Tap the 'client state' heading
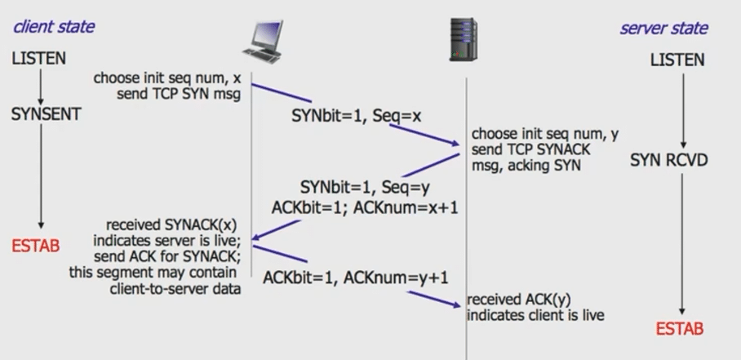pyautogui.click(x=54, y=26)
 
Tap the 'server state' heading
pyautogui.click(x=663, y=28)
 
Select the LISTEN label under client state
pyautogui.click(x=39, y=59)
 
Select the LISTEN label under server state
pyautogui.click(x=677, y=60)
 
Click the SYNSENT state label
pyautogui.click(x=47, y=114)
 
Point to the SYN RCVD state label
pyautogui.click(x=669, y=160)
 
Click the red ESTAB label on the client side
pyautogui.click(x=36, y=245)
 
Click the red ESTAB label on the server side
pyautogui.click(x=679, y=329)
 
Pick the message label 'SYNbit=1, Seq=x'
pyautogui.click(x=356, y=116)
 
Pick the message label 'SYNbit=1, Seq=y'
pyautogui.click(x=364, y=187)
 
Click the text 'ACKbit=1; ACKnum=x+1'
pyautogui.click(x=365, y=207)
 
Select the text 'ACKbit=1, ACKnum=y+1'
pyautogui.click(x=356, y=278)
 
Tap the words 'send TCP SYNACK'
pyautogui.click(x=530, y=150)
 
